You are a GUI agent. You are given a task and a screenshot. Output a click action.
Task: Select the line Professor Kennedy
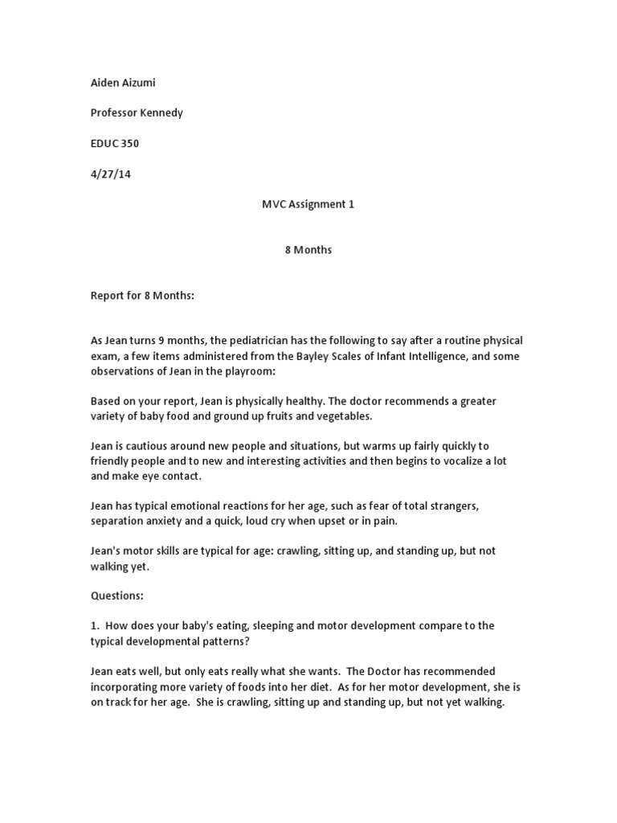point(137,113)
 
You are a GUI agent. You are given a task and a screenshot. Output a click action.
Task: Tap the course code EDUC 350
point(114,143)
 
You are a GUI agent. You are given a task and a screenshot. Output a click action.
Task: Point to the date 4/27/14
point(110,174)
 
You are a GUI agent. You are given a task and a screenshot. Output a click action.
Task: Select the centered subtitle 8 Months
point(308,250)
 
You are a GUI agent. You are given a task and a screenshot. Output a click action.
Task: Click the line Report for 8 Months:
point(142,296)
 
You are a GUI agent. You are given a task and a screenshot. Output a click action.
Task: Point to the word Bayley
point(312,357)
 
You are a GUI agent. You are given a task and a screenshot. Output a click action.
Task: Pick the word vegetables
point(347,416)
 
